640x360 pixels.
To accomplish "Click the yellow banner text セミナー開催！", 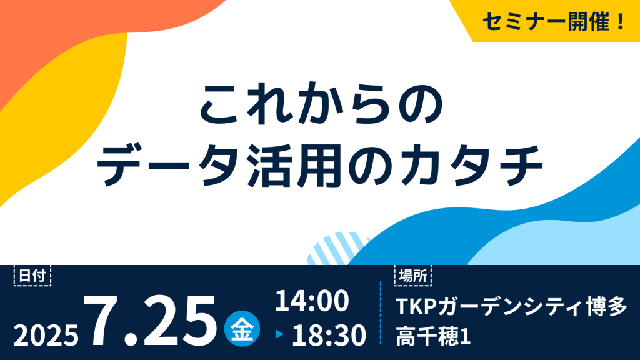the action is pyautogui.click(x=554, y=21).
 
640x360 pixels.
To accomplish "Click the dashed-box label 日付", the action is pyautogui.click(x=32, y=276).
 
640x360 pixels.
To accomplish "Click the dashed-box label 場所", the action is pyautogui.click(x=413, y=276).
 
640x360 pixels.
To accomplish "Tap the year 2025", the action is pyautogui.click(x=46, y=336).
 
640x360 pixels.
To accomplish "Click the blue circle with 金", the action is pyautogui.click(x=242, y=329).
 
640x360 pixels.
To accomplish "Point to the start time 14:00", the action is pyautogui.click(x=312, y=301).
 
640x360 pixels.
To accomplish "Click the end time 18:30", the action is pyautogui.click(x=329, y=336).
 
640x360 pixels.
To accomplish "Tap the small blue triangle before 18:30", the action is pyautogui.click(x=279, y=335).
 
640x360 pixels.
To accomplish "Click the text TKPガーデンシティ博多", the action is pyautogui.click(x=511, y=307).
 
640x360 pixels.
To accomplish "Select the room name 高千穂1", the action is pyautogui.click(x=433, y=336).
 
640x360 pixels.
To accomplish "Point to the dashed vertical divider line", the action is pyautogui.click(x=381, y=312).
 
